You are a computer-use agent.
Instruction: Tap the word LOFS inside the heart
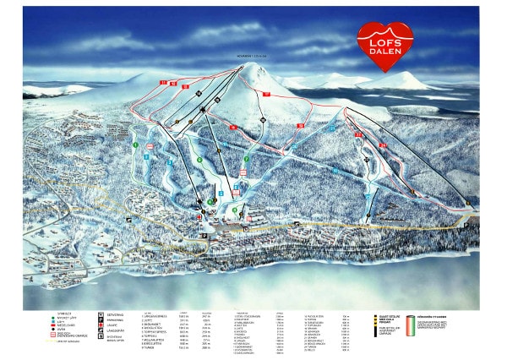385,35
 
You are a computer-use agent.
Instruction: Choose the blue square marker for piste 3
169,161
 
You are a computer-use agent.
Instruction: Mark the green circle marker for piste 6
199,159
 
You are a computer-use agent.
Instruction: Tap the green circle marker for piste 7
246,158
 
